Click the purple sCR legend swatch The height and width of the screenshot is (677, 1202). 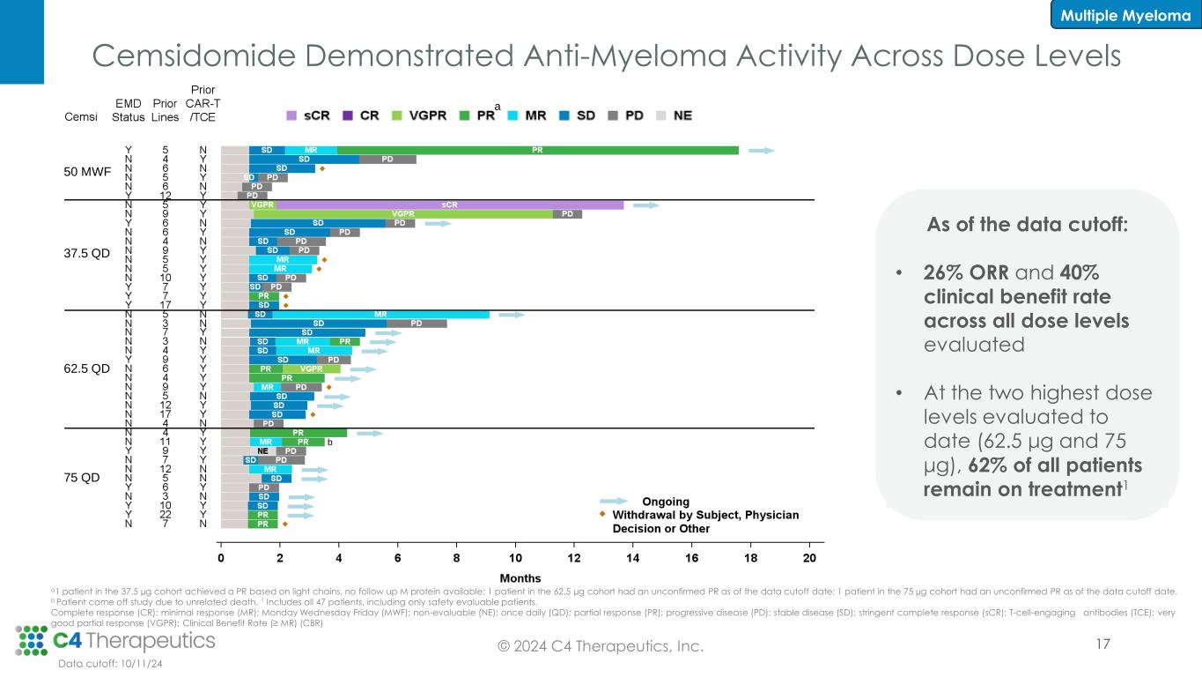[292, 115]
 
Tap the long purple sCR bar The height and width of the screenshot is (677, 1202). [449, 205]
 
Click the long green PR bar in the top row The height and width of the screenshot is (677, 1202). [537, 150]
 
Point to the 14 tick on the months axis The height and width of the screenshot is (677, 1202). [633, 558]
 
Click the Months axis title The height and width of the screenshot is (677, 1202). [514, 577]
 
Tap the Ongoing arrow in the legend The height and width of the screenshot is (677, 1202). [615, 502]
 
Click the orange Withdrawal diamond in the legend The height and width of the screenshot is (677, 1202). [603, 514]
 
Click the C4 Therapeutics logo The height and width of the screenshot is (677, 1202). [115, 638]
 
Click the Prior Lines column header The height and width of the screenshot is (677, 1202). [165, 110]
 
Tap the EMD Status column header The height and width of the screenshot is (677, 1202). [129, 110]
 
